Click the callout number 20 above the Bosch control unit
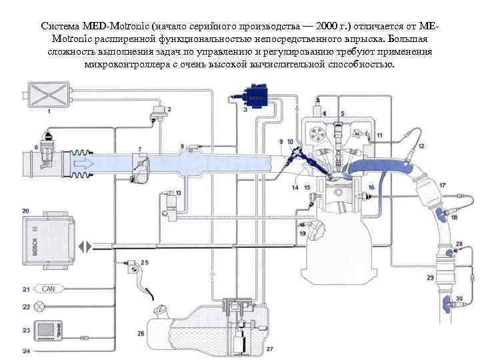pos(25,210)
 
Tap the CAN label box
pos(48,289)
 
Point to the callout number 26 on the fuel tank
pos(141,333)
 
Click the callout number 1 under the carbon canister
pos(48,112)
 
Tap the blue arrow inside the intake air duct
pos(83,161)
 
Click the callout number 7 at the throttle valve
pos(139,147)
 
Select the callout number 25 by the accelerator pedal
pos(145,263)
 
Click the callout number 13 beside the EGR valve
pos(179,191)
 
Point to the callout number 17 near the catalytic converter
pos(442,184)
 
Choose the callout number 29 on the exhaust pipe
pos(430,277)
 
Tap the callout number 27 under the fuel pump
pos(269,348)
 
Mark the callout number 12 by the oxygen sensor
pos(422,145)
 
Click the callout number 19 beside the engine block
pos(303,234)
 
